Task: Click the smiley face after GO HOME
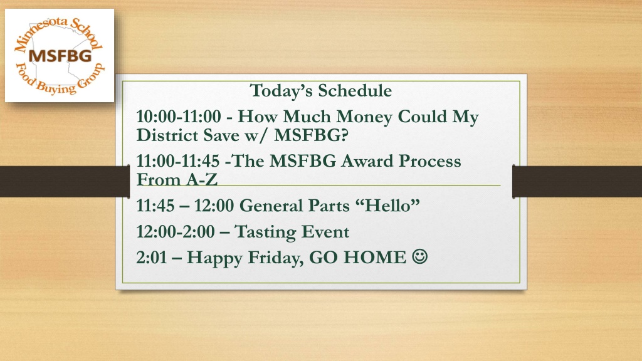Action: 419,256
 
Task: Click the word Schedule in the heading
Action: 355,90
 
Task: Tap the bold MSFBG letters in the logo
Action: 60,56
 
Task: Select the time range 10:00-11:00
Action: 179,116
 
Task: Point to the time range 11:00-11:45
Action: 177,161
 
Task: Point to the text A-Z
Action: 201,179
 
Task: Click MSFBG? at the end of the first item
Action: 311,135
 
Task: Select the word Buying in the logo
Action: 56,86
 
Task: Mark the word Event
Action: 325,232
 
